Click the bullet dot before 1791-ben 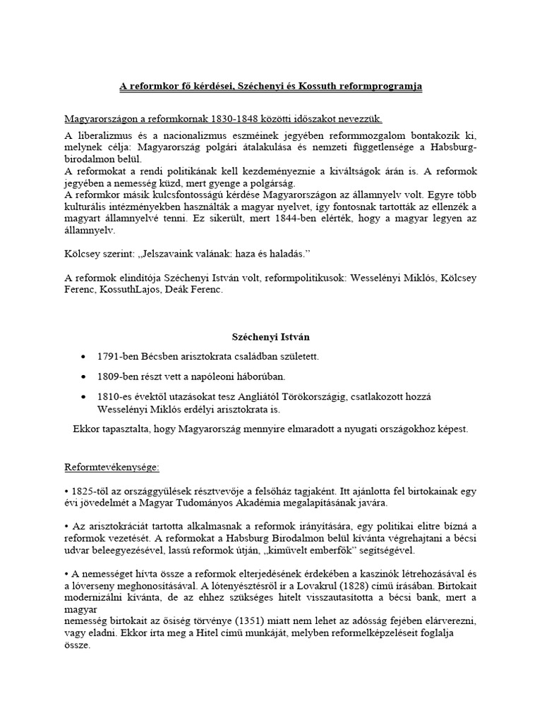pyautogui.click(x=85, y=357)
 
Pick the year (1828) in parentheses pyautogui.click(x=362, y=585)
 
